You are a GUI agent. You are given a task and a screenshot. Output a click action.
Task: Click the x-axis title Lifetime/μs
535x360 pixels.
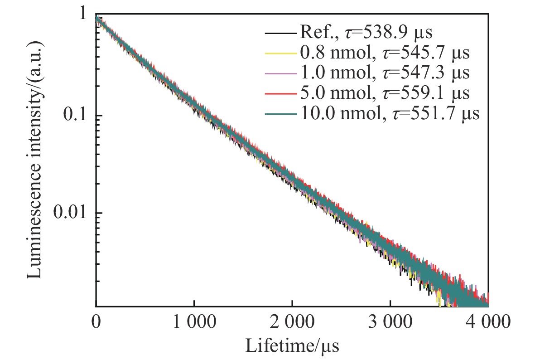[292, 346]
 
